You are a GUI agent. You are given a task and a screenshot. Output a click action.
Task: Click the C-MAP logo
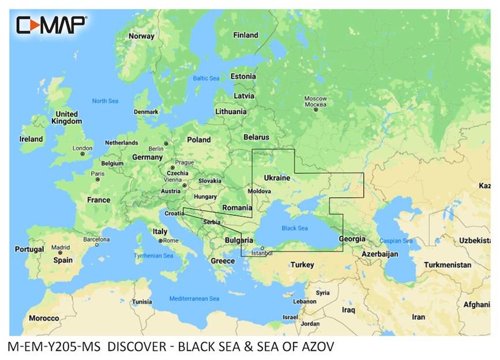51,24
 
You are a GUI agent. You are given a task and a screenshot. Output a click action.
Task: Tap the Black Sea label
295,228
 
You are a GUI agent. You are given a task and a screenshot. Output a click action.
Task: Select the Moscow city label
315,102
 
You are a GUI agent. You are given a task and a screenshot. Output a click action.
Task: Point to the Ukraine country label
277,178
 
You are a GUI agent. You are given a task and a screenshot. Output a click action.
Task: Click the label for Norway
141,36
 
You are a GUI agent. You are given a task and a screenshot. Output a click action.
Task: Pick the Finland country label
245,35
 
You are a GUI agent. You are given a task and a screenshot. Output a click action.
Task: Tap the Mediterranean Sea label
194,299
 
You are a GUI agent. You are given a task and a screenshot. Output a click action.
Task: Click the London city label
82,148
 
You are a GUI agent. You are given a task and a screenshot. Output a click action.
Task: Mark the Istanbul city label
261,252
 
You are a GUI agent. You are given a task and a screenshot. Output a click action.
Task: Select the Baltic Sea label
206,78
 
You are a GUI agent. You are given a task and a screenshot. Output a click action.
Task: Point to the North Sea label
105,101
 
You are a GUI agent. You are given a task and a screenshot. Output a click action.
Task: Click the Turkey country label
302,265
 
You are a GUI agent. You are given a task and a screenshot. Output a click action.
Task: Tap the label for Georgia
352,238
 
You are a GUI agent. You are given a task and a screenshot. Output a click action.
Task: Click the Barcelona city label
96,238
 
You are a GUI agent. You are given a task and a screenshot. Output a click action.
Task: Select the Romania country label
237,208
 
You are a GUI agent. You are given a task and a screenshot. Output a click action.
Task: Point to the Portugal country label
29,249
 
